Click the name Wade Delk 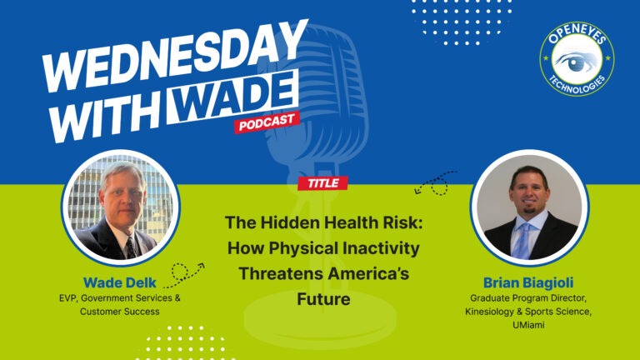pyautogui.click(x=118, y=282)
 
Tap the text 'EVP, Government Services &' pyautogui.click(x=118, y=297)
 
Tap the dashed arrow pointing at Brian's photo pyautogui.click(x=437, y=182)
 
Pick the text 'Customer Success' pyautogui.click(x=118, y=312)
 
